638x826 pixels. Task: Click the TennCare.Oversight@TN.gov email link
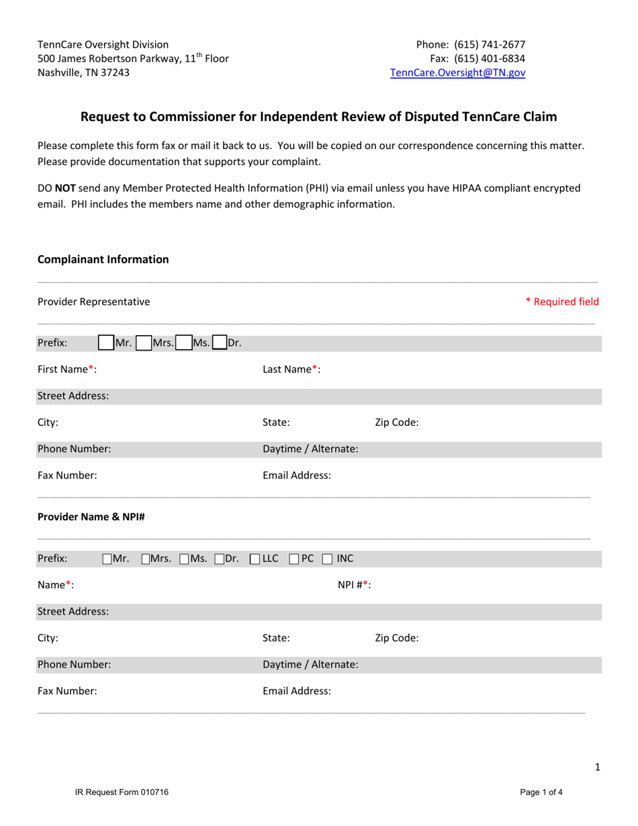click(x=457, y=74)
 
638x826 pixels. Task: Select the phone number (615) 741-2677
click(x=490, y=45)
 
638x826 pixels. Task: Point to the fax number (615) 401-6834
click(x=490, y=59)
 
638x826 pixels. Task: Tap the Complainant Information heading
click(x=103, y=259)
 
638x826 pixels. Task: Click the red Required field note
click(x=561, y=302)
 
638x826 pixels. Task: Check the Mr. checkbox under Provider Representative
click(x=105, y=343)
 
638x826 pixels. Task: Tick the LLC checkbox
click(x=255, y=559)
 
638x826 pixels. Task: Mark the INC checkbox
click(x=327, y=559)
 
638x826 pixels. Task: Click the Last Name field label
click(x=291, y=369)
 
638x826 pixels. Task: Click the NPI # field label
click(x=354, y=585)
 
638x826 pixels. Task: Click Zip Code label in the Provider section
click(x=396, y=638)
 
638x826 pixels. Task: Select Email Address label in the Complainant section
click(x=296, y=475)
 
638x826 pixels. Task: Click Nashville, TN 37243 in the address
click(x=84, y=73)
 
